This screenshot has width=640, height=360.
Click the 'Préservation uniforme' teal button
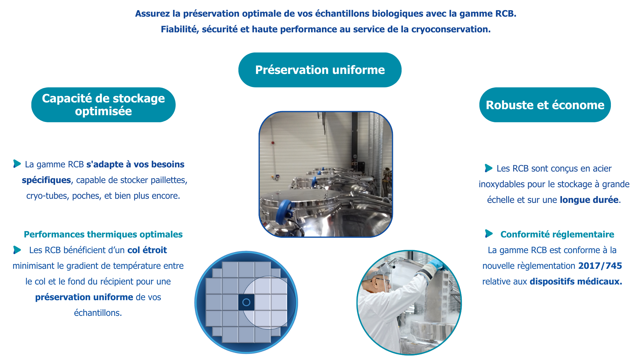320,70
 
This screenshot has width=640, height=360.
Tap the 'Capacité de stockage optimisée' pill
103,105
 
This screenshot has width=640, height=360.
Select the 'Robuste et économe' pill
545,105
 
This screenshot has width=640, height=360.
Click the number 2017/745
600,266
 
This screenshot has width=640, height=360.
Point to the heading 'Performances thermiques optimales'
103,234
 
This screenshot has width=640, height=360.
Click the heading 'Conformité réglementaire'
557,234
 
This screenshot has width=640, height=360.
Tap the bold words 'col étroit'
147,250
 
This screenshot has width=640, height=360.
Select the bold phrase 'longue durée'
589,200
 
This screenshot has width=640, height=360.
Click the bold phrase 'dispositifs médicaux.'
576,281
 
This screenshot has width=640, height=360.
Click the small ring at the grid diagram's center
246,302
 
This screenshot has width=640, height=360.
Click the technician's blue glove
436,265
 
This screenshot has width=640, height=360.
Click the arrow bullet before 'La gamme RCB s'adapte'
17,164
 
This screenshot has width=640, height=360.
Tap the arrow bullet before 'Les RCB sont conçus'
489,168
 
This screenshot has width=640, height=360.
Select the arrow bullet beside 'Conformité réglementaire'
489,234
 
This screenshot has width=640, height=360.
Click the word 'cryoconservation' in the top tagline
450,29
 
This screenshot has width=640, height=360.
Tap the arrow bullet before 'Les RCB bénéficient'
17,250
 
